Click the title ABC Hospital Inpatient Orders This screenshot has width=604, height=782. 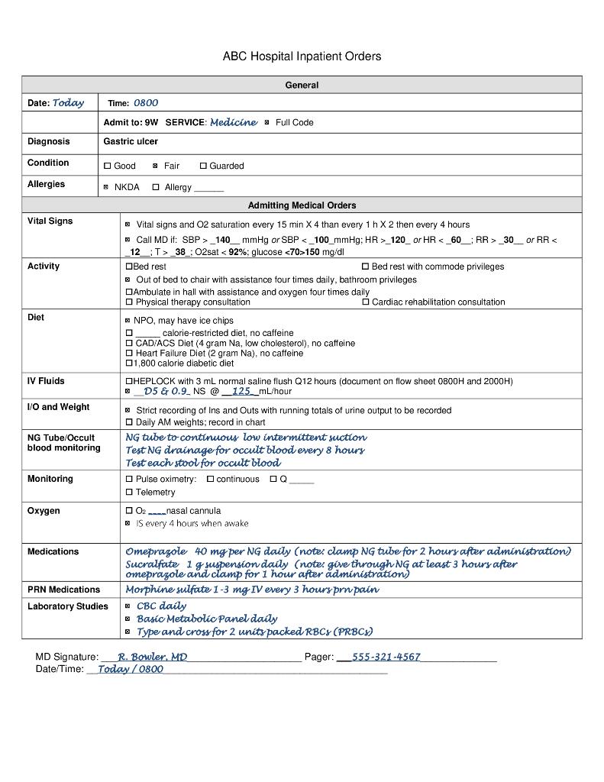tap(302, 57)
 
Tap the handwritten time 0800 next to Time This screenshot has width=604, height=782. tap(146, 103)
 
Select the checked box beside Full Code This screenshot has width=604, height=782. tap(266, 122)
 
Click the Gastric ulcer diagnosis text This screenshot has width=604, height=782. tap(131, 141)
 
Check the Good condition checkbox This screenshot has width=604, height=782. tap(108, 166)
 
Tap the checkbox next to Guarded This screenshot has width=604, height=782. tap(204, 166)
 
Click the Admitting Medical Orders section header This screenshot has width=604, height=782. tap(302, 205)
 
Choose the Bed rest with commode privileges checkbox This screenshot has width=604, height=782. tap(365, 267)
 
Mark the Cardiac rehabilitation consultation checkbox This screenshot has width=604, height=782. tap(365, 302)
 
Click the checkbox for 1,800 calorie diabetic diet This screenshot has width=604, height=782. tap(129, 364)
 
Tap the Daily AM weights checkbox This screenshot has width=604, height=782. tap(129, 422)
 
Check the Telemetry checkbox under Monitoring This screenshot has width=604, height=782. tap(129, 493)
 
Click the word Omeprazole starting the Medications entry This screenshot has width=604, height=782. tap(156, 551)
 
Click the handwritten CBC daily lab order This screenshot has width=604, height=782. tap(161, 606)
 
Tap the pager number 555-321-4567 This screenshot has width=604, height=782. tap(386, 657)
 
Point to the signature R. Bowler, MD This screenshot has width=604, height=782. tap(153, 657)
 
